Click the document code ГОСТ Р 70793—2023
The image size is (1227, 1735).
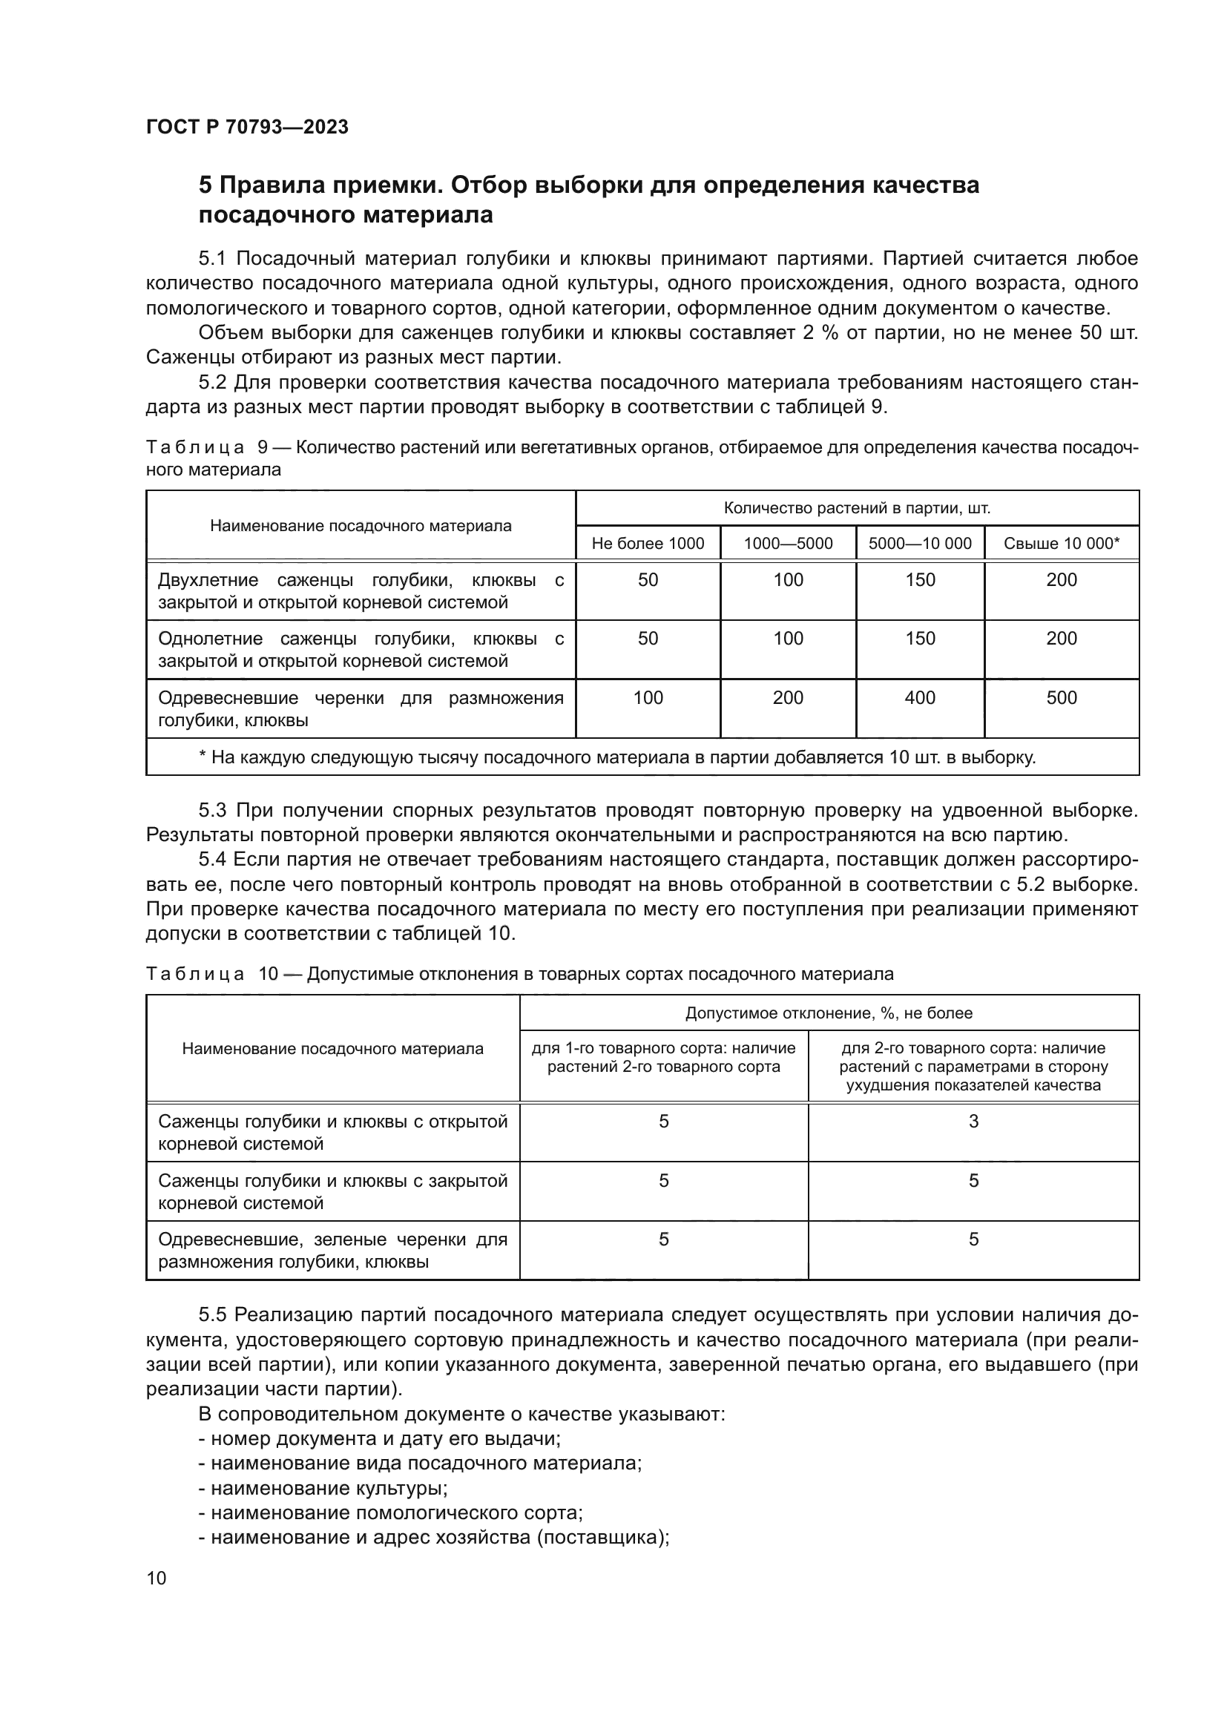click(247, 127)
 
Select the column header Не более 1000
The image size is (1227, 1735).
click(648, 543)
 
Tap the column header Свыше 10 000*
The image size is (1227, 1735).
click(1061, 543)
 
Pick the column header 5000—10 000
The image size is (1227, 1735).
click(919, 543)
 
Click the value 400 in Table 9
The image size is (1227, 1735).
click(919, 697)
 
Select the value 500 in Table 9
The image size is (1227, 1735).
click(1061, 697)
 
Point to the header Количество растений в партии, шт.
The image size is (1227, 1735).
click(857, 508)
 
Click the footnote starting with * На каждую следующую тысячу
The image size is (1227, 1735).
click(616, 757)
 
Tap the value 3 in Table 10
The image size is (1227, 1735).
click(973, 1122)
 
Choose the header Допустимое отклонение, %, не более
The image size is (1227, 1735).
click(829, 1013)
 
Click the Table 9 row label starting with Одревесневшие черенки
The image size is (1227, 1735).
click(361, 709)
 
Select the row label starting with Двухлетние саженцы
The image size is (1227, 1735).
click(361, 591)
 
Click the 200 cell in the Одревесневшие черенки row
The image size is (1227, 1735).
click(787, 697)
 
